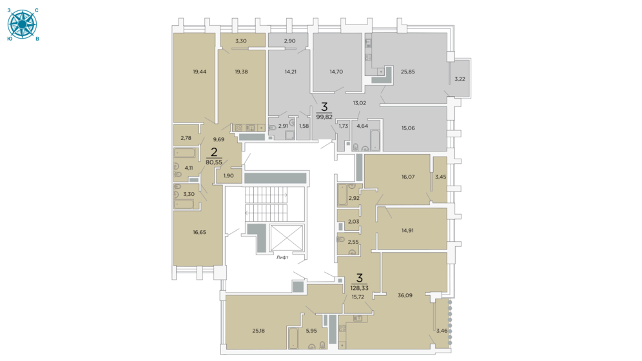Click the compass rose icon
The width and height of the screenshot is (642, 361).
(x=22, y=24)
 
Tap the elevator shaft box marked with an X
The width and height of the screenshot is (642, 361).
(x=287, y=238)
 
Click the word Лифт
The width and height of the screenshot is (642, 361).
(x=282, y=257)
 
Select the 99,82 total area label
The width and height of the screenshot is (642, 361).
(x=324, y=117)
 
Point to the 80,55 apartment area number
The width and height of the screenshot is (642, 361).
(x=214, y=162)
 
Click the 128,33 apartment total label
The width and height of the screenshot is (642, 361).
(x=360, y=288)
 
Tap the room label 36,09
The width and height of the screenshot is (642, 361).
(x=405, y=295)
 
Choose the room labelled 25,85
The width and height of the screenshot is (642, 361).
(x=408, y=72)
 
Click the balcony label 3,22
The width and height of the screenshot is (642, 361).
(x=460, y=79)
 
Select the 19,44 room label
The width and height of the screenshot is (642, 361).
(x=200, y=72)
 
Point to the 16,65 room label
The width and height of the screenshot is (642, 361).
(x=199, y=233)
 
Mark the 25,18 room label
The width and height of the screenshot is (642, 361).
(x=258, y=331)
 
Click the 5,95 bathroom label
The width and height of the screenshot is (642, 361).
(x=311, y=331)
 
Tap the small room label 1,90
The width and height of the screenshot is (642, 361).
(x=228, y=175)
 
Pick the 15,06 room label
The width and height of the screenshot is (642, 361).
(x=408, y=128)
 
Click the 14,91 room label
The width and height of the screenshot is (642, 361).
(x=407, y=230)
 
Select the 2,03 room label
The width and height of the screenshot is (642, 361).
(x=353, y=222)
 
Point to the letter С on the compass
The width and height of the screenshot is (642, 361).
(x=37, y=11)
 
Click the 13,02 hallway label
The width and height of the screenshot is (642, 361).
(x=360, y=103)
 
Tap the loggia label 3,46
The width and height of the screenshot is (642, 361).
(x=442, y=331)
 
